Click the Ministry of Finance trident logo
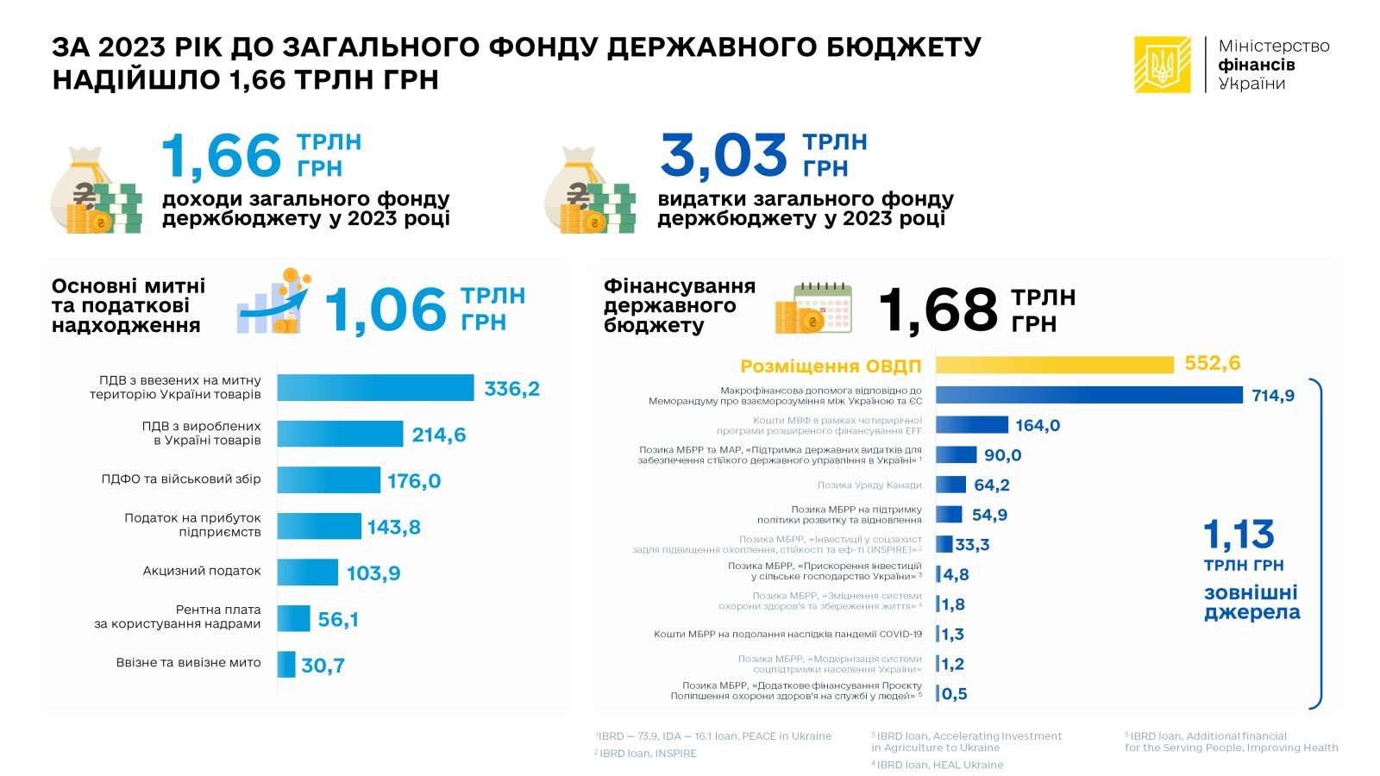(x=1163, y=65)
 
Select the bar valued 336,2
(x=375, y=388)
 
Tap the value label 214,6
(x=438, y=435)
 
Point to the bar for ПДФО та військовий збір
(x=329, y=480)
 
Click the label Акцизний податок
(x=202, y=571)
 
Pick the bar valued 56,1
(x=294, y=618)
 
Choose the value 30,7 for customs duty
(x=323, y=665)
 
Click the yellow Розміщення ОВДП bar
(x=1054, y=365)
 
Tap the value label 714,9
(x=1273, y=396)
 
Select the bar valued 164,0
(x=972, y=424)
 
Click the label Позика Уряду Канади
(x=869, y=485)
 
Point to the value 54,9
(x=989, y=515)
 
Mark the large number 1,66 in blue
(x=222, y=156)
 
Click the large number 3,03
(x=724, y=156)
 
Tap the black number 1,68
(x=938, y=310)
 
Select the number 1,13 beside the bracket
(x=1239, y=535)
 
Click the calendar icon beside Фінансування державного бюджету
(x=822, y=308)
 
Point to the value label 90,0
(x=1002, y=455)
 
